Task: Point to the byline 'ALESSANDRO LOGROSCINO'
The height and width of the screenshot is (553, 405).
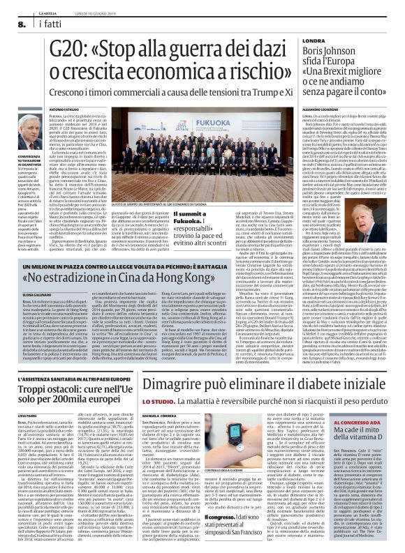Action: click(x=327, y=109)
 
